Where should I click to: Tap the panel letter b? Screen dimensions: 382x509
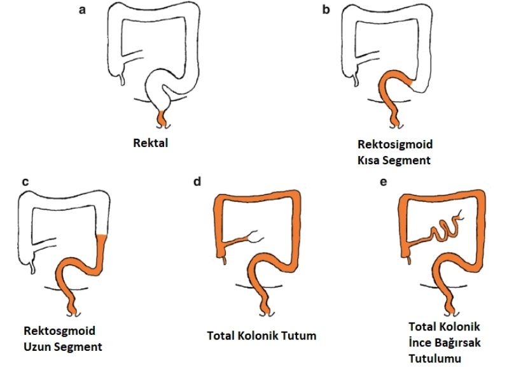[x=326, y=10]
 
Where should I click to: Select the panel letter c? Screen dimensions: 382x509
[x=25, y=182]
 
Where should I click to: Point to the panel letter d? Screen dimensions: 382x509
[x=197, y=182]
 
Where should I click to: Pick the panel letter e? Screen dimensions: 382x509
[x=382, y=182]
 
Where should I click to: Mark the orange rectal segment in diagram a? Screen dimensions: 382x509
[x=162, y=117]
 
